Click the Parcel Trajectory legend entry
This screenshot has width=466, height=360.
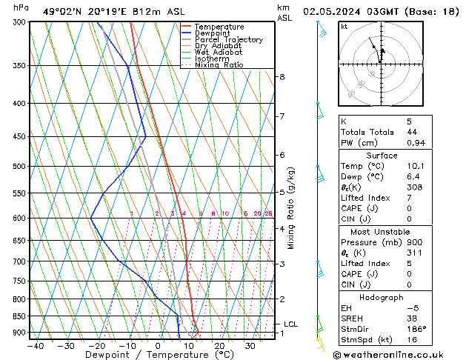point(228,39)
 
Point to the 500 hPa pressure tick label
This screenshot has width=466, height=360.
point(19,167)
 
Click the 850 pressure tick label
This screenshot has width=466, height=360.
point(19,317)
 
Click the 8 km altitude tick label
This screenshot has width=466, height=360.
point(282,77)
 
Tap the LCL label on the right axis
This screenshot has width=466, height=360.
point(290,324)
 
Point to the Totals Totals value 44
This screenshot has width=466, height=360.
point(410,132)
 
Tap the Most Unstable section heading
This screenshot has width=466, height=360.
point(382,231)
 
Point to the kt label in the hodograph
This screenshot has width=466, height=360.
point(344,26)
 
